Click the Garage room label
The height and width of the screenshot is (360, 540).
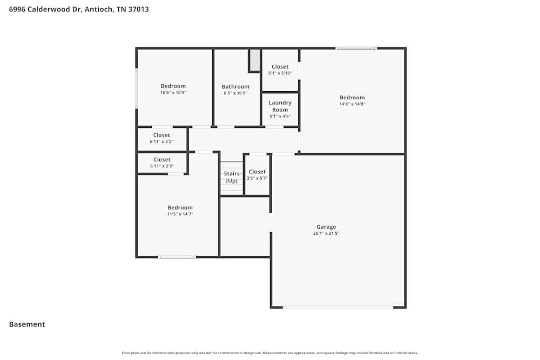tap(326, 227)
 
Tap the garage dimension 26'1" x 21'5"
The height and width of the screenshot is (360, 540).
tap(326, 234)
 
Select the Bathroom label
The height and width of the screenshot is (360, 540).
tap(235, 86)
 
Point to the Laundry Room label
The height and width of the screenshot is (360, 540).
tap(280, 106)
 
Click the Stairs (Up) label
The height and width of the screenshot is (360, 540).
tap(232, 177)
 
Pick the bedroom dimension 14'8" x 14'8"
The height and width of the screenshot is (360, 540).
tap(352, 104)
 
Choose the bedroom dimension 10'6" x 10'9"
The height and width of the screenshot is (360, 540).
tap(173, 93)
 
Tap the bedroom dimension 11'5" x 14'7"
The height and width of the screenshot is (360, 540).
tap(180, 214)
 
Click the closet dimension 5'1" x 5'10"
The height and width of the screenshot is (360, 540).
tap(280, 73)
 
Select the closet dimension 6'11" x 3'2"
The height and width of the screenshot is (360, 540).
tap(161, 142)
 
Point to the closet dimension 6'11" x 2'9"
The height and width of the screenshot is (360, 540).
tap(161, 166)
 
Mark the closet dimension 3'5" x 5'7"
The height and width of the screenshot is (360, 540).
tap(257, 178)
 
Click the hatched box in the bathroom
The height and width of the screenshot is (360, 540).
tap(254, 60)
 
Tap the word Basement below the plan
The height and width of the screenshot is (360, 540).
tap(27, 324)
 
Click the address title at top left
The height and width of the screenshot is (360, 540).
tap(79, 9)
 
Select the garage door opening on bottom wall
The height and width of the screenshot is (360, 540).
tap(338, 307)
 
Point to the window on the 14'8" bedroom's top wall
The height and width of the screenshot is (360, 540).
tap(356, 49)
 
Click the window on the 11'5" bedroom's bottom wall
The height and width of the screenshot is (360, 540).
tap(177, 257)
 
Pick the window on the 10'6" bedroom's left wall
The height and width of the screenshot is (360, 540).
tap(137, 87)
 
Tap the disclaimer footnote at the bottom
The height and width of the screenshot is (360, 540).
tap(270, 353)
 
